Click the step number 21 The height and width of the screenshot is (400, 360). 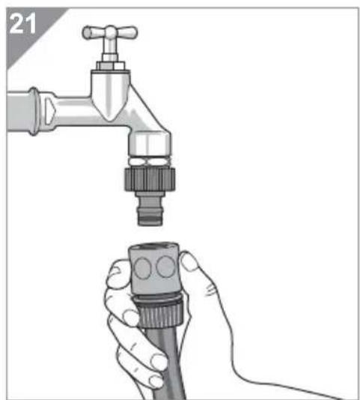pyautogui.click(x=22, y=23)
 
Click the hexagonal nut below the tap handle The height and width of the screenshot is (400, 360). pyautogui.click(x=111, y=66)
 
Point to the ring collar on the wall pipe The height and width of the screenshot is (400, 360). pyautogui.click(x=34, y=111)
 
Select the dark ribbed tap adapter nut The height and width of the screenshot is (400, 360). pyautogui.click(x=150, y=178)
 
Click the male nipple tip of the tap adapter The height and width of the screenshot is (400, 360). pyautogui.click(x=150, y=217)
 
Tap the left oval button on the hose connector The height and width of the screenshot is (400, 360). pyautogui.click(x=142, y=267)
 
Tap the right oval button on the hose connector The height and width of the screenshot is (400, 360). pyautogui.click(x=165, y=267)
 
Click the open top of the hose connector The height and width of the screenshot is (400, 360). pyautogui.click(x=153, y=246)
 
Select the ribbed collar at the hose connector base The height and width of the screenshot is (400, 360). pyautogui.click(x=159, y=312)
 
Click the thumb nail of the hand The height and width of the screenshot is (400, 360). pyautogui.click(x=189, y=261)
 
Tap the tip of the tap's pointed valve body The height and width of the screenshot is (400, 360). pyautogui.click(x=109, y=119)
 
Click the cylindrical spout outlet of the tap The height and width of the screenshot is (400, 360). pyautogui.click(x=149, y=144)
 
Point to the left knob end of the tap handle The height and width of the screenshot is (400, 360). pyautogui.click(x=88, y=33)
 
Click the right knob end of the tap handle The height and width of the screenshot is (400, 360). pyautogui.click(x=132, y=33)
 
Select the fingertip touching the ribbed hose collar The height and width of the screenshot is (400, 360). pyautogui.click(x=131, y=318)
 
